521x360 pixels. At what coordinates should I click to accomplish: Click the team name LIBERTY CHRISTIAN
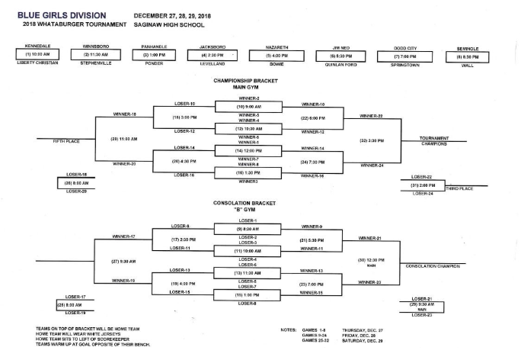[x=38, y=63]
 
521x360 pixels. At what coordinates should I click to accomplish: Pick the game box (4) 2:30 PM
[x=214, y=56]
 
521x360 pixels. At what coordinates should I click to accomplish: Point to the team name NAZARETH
[x=273, y=47]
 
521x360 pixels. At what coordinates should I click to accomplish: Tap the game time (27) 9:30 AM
[x=122, y=261]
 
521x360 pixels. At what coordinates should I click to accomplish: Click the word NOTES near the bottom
[x=288, y=329]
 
